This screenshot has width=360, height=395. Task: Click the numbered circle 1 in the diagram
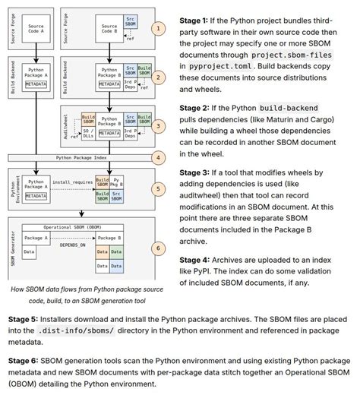click(158, 29)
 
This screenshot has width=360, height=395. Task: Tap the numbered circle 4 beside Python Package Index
click(158, 158)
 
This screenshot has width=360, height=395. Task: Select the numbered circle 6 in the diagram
click(158, 248)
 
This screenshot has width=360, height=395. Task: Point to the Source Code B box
click(109, 30)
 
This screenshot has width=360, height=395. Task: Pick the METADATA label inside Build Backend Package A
click(37, 84)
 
